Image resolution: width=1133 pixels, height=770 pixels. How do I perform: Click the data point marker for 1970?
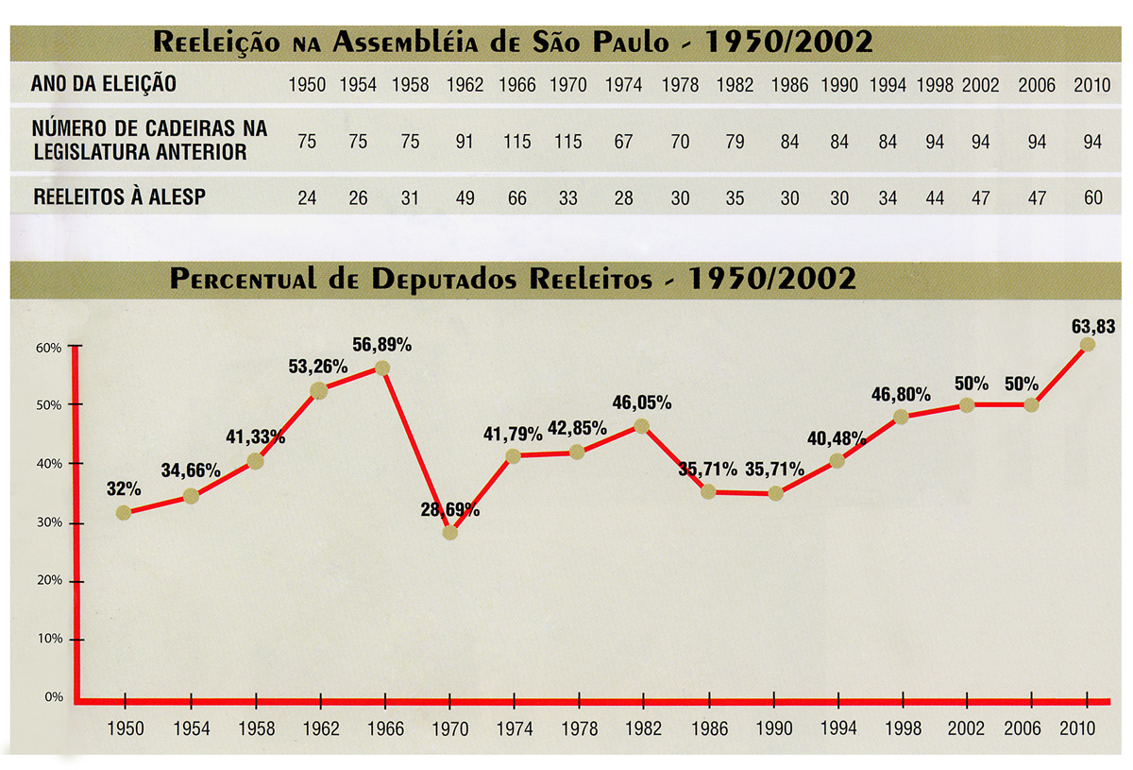point(449,533)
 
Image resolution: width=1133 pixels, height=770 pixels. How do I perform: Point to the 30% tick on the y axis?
point(49,522)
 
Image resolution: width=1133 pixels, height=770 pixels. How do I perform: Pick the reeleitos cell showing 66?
point(517,199)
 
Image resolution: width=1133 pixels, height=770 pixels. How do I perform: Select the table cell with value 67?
point(623,143)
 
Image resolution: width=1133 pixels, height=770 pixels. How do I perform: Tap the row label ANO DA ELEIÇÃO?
point(104,84)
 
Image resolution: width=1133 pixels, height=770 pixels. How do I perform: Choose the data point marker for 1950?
point(124,513)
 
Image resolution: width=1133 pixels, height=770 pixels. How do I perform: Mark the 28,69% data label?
point(449,510)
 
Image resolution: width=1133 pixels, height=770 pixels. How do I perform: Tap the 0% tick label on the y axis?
point(53,697)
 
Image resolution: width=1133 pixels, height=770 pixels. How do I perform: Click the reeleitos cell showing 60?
point(1093,199)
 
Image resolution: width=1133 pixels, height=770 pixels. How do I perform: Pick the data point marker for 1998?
point(902,417)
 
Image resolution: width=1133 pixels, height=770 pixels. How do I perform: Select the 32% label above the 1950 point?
point(124,489)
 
